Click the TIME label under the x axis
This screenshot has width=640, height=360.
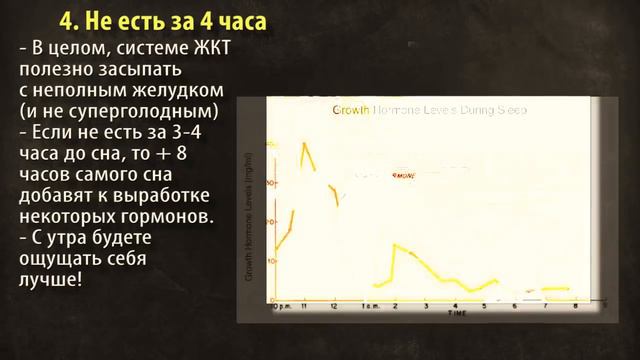point(457,314)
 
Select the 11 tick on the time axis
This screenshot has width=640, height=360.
point(304,306)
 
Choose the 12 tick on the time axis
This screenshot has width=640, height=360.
point(334,306)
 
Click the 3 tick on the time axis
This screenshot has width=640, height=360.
point(425,306)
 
